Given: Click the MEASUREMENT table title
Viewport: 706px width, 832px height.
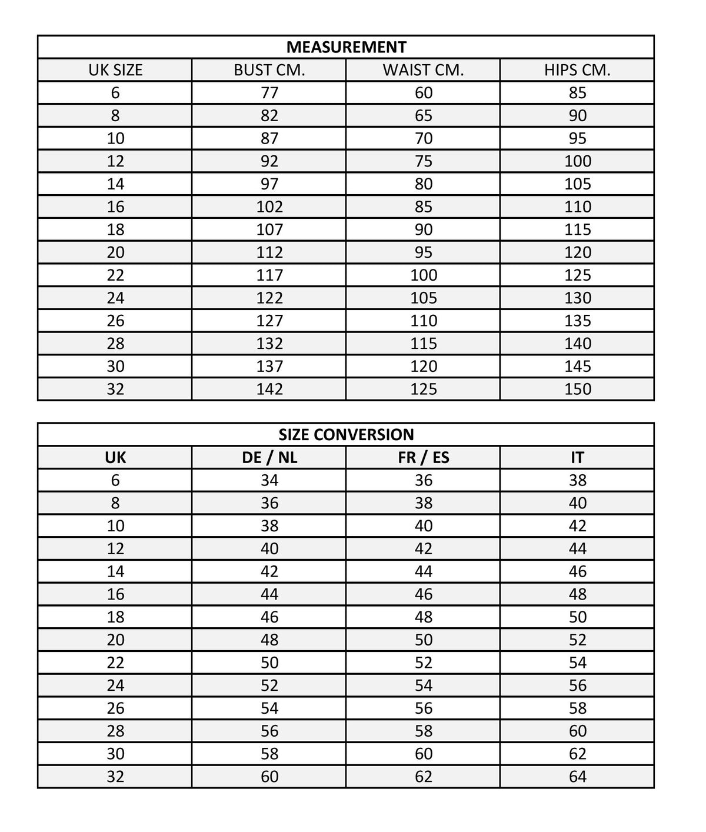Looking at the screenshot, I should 346,47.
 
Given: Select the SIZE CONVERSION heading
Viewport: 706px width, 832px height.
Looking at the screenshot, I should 346,435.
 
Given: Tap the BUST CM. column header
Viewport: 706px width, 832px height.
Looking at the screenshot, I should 269,70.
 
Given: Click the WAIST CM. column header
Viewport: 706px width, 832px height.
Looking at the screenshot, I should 423,70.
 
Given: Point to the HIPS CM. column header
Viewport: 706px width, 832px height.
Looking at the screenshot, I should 577,70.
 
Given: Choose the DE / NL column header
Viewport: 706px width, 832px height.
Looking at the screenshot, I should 269,457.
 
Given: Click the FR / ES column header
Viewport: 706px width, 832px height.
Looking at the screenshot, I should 423,457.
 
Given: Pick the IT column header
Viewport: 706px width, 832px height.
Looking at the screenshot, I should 577,457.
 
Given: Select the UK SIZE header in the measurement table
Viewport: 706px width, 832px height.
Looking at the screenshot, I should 115,70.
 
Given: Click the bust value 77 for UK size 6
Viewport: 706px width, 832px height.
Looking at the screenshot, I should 269,93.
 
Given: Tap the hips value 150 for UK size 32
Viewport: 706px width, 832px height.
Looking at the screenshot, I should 577,389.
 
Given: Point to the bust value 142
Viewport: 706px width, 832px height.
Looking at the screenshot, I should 269,389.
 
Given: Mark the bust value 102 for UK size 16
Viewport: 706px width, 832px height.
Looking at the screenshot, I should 269,207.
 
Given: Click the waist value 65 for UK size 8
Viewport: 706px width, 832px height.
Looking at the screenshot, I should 423,115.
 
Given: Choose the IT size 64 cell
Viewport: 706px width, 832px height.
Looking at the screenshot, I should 577,777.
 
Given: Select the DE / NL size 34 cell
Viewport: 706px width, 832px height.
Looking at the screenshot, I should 269,480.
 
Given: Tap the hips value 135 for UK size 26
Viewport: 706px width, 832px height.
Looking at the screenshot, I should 577,321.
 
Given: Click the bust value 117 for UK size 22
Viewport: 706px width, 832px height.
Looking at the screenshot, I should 269,275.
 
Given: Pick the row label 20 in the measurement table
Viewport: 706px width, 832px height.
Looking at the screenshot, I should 115,252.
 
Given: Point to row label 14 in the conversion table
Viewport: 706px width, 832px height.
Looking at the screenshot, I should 115,571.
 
